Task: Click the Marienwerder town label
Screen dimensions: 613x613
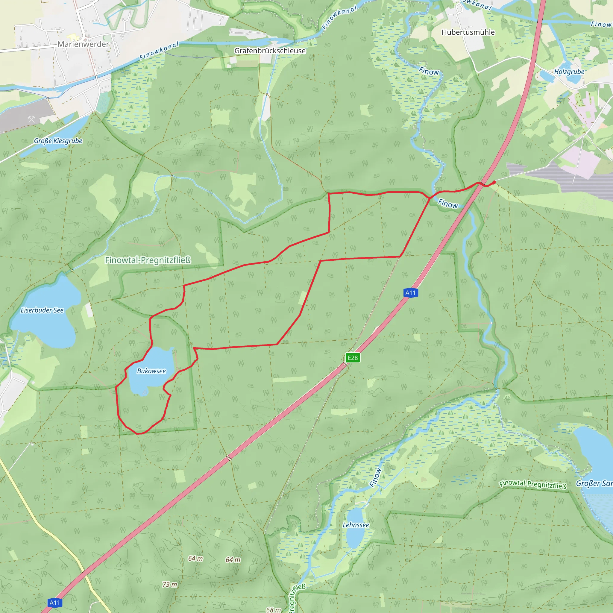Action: [83, 44]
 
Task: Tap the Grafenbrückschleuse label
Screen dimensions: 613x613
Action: [270, 51]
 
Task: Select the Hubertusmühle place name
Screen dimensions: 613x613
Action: [468, 32]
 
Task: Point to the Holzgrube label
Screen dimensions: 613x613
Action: [569, 72]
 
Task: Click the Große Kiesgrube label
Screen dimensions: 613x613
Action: [58, 141]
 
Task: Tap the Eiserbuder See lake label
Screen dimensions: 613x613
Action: [42, 310]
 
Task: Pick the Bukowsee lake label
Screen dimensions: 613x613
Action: [151, 371]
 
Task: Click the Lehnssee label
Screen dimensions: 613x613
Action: [356, 525]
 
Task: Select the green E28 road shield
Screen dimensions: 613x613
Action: [353, 358]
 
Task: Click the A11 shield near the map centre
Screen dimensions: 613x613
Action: [410, 292]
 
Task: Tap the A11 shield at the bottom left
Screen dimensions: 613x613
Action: [54, 603]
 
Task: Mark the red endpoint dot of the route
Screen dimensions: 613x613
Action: [494, 182]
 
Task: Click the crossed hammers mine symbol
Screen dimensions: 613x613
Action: [31, 119]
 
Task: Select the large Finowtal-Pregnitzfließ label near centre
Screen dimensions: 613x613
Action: [148, 260]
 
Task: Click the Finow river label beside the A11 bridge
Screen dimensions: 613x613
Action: [448, 204]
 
